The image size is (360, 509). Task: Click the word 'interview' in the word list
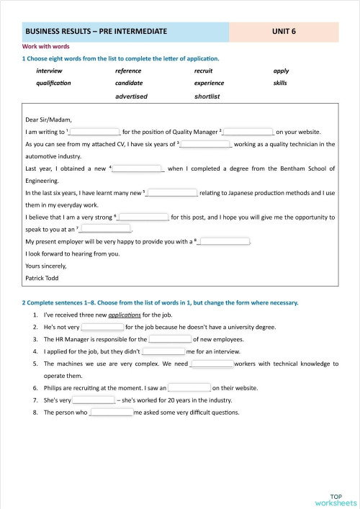point(49,71)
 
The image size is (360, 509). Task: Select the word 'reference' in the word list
point(128,71)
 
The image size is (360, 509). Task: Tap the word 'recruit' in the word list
point(204,71)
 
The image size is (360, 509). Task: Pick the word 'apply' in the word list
point(281,71)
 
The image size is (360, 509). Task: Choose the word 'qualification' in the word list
point(53,83)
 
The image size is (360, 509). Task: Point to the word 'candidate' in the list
point(129,83)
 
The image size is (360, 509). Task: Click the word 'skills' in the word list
point(280,83)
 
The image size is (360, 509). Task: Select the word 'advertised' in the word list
point(131,96)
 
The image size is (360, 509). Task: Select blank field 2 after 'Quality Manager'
point(249,132)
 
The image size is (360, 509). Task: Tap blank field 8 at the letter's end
point(224,241)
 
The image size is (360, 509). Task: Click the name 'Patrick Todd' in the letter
point(42,277)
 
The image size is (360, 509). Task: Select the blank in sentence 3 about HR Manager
point(170,339)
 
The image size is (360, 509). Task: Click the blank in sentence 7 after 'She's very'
point(93,400)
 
